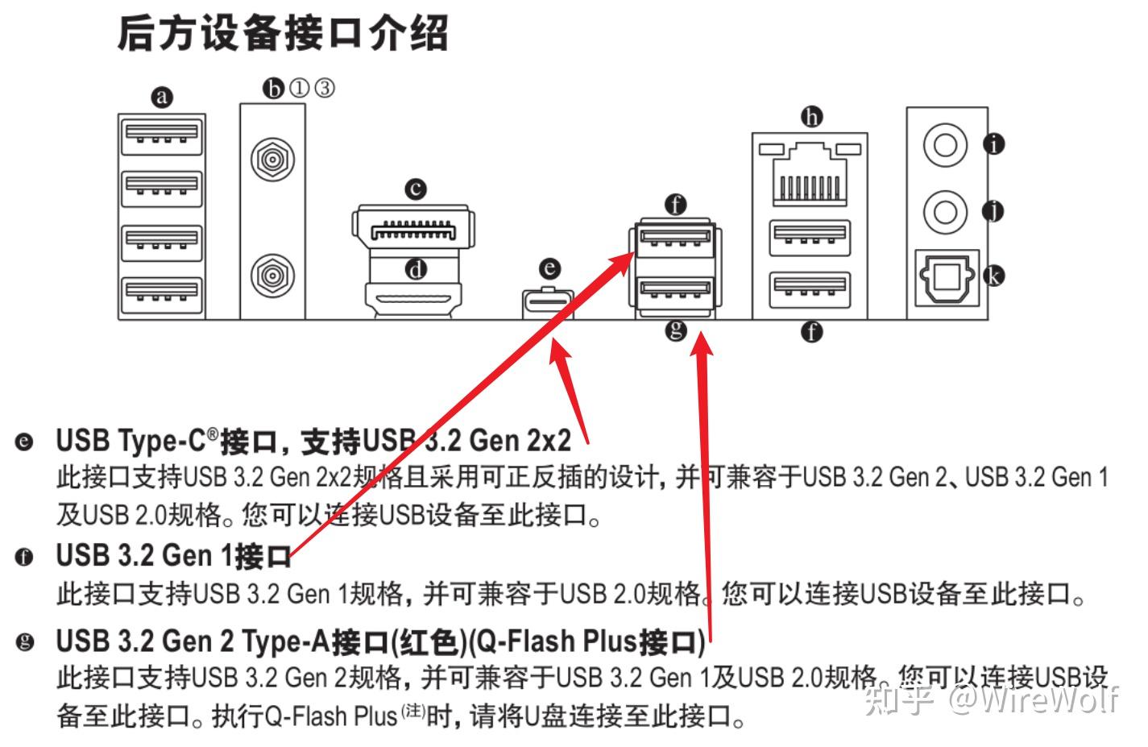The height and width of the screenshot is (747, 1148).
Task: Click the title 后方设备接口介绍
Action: coord(282,34)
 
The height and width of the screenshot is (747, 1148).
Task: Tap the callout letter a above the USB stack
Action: coord(163,98)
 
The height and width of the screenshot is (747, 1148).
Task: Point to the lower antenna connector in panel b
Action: coord(271,276)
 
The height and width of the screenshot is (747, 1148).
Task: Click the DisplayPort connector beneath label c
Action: coord(412,230)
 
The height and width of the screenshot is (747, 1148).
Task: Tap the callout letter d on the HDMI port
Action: coord(416,269)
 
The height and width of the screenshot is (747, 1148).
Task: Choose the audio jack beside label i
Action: coord(945,146)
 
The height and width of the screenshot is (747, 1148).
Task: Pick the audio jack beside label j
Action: coord(945,212)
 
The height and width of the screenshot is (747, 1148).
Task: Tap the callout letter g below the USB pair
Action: coord(676,329)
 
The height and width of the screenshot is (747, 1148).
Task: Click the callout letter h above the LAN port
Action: coord(811,118)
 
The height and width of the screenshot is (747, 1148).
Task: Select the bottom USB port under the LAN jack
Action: coord(810,291)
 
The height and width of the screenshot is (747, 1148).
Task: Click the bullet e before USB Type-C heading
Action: coord(25,442)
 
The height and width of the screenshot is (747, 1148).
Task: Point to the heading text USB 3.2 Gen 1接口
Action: coord(172,556)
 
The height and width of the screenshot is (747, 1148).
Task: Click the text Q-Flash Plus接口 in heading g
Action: coord(587,642)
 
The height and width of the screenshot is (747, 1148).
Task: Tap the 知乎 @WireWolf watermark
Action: coord(991,699)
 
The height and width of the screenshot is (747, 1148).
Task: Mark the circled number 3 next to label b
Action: coord(325,87)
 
